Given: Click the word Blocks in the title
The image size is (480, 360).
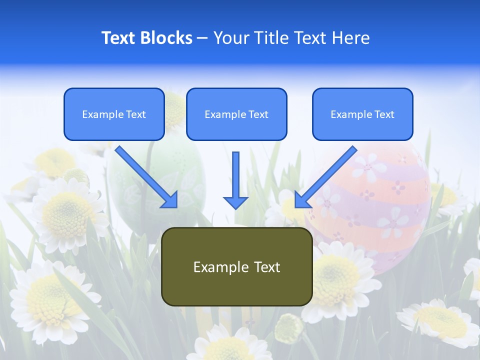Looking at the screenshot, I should pos(166,38).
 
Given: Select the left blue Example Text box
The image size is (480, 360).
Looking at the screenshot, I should pos(114,114).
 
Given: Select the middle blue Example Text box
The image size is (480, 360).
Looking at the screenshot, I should pos(236,114).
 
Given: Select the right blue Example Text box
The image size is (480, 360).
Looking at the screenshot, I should pos(362,114).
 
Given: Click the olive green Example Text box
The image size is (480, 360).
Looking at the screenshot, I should pos(236,266).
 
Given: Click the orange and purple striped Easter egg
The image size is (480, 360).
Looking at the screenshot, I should pos(380,210).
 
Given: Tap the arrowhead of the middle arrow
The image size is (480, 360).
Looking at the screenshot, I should pos(235,202).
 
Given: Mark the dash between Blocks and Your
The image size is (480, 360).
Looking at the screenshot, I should pos(202,38).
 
